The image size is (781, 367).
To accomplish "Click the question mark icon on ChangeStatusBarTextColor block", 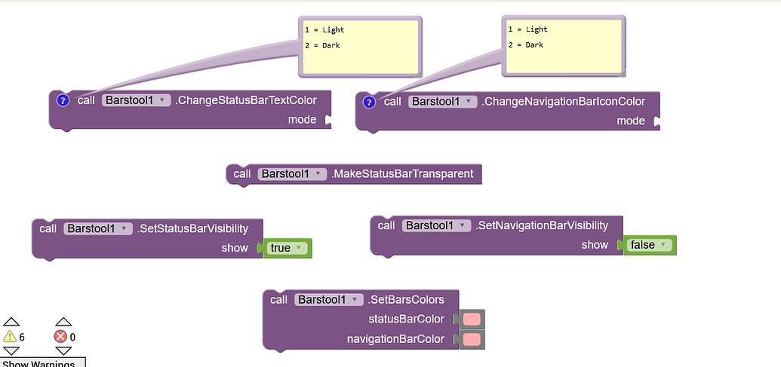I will [63, 101].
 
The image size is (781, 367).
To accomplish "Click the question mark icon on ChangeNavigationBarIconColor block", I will [369, 102].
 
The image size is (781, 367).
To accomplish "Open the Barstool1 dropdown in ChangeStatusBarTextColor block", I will [136, 100].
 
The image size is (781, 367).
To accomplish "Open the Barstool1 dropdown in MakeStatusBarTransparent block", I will [291, 174].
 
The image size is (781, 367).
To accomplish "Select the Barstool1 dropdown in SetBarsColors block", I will [328, 299].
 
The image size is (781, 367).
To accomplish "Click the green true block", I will [286, 248].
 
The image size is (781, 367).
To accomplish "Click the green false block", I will [648, 245].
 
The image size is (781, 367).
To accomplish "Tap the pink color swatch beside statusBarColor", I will [472, 320].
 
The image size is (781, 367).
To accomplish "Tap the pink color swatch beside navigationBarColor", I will [472, 339].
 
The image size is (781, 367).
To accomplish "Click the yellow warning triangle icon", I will [10, 337].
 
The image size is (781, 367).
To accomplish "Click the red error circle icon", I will [60, 337].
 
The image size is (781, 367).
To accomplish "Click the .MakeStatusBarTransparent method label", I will [402, 174].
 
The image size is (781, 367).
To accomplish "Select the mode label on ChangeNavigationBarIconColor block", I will [630, 121].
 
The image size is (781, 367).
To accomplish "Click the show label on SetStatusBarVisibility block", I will [235, 248].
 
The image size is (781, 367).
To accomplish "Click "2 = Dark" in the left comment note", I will [322, 46].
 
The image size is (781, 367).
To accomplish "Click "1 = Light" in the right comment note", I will [527, 29].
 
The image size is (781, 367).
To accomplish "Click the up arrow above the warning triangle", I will [10, 322].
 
